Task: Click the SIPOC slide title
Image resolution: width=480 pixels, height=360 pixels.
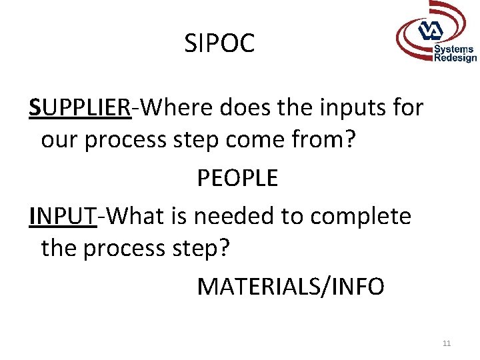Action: [x=219, y=44]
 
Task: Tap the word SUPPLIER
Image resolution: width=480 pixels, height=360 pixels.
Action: [x=80, y=107]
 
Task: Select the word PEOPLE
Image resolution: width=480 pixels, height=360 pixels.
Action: [x=237, y=179]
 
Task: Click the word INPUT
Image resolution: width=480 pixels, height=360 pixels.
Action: [x=63, y=215]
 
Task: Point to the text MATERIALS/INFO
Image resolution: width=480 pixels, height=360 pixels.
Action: [x=291, y=287]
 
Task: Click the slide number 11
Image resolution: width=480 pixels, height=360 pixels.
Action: [x=447, y=343]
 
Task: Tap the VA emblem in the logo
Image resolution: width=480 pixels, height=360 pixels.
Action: [x=430, y=31]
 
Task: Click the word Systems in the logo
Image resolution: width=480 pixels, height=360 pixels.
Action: [x=454, y=49]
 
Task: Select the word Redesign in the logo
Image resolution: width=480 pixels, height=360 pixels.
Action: [x=455, y=58]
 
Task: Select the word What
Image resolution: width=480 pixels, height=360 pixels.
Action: [x=134, y=215]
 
